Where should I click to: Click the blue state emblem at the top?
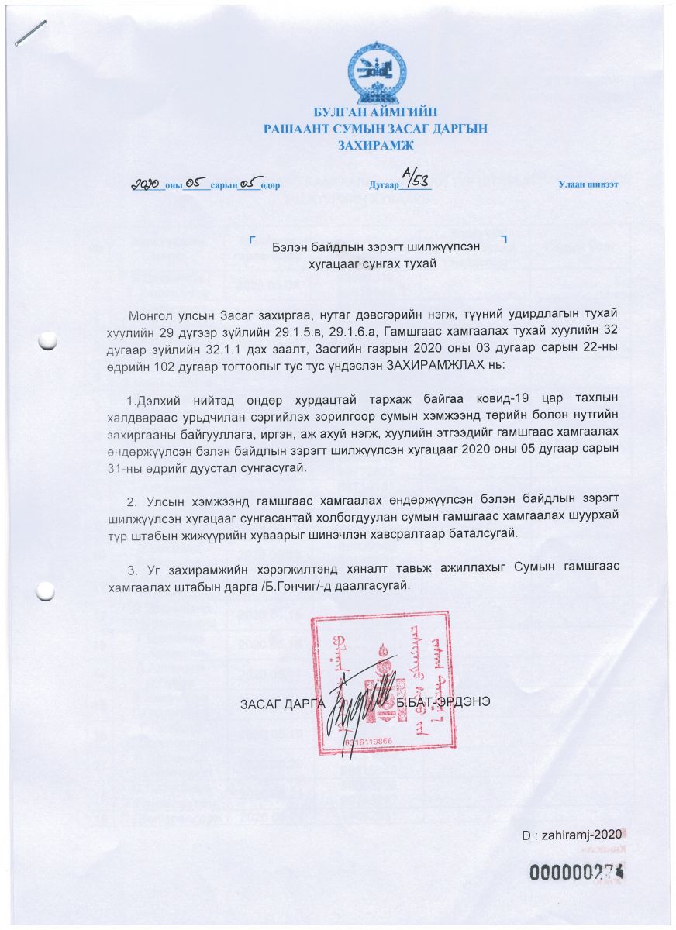[x=375, y=73]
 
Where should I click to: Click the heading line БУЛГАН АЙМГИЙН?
[x=375, y=114]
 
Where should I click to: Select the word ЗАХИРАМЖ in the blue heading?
[x=375, y=145]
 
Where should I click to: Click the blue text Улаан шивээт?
[x=588, y=184]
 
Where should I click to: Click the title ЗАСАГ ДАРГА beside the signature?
[x=280, y=703]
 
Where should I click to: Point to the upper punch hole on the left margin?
[x=47, y=339]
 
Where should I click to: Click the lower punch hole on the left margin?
[x=47, y=590]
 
